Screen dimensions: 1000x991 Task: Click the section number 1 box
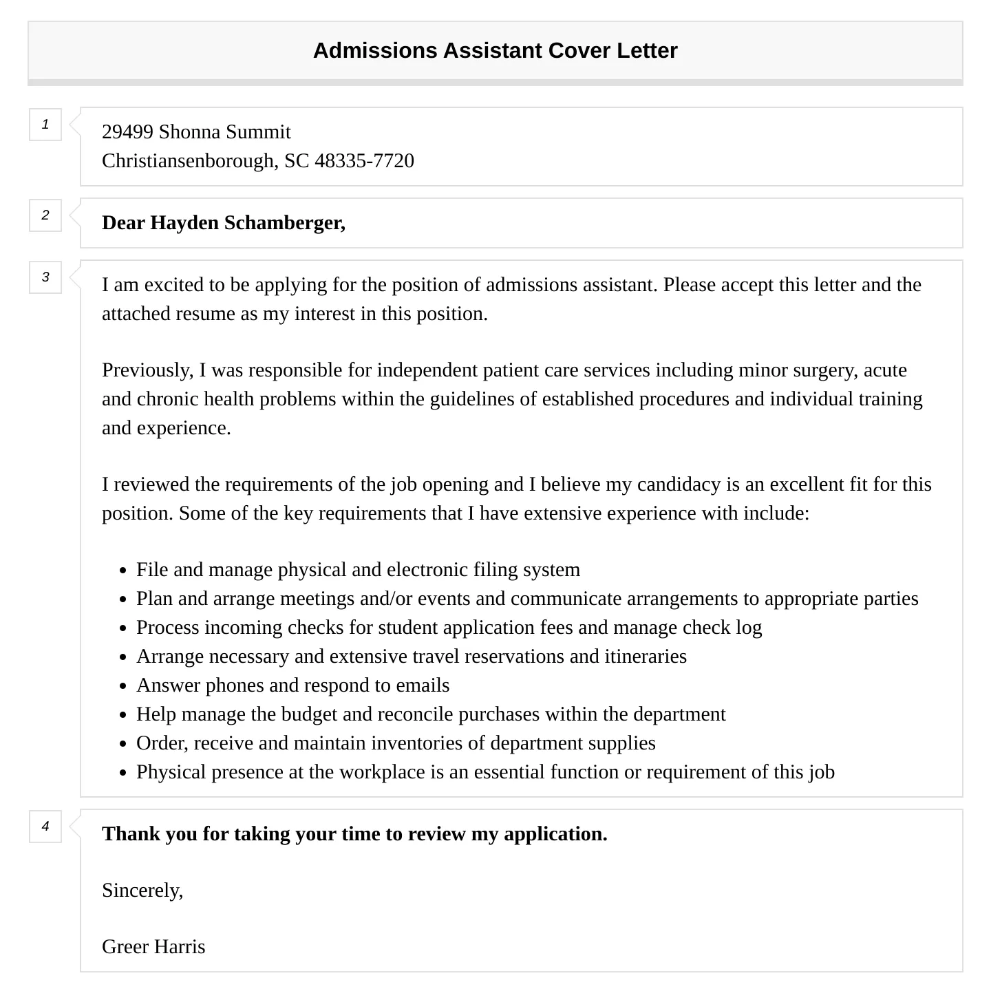[x=45, y=125]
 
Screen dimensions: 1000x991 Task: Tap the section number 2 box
[x=45, y=215]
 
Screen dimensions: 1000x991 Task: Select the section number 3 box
[x=45, y=277]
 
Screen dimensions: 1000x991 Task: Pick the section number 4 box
[x=45, y=827]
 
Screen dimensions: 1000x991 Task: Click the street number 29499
[x=127, y=132]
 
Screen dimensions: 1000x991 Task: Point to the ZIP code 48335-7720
[x=364, y=161]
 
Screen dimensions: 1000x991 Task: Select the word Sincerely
[x=142, y=891]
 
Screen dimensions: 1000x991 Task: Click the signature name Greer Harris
[x=153, y=947]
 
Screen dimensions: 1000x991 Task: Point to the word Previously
[x=147, y=370]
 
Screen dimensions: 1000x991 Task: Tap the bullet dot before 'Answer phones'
[x=123, y=687]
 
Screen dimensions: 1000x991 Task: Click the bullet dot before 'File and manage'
[x=123, y=571]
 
